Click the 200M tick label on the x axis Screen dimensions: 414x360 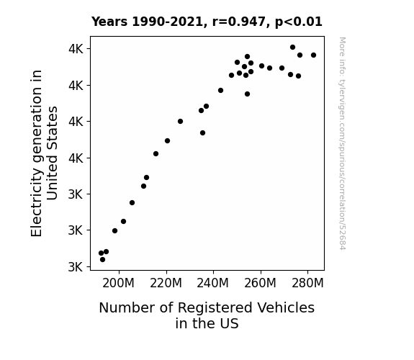pos(118,283)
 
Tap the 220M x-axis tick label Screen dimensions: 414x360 pos(166,283)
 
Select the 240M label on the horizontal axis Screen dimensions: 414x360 pos(213,283)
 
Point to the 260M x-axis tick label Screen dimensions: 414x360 pos(260,283)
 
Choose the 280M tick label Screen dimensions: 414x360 pos(307,283)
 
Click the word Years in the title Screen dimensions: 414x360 pos(109,22)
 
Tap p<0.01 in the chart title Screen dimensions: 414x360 pos(299,22)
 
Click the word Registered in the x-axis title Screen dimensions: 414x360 pos(215,308)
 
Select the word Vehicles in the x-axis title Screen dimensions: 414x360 pos(286,307)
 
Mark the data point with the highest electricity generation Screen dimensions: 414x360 pos(292,48)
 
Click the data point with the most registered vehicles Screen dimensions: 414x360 pos(313,55)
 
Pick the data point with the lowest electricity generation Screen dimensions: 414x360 pos(102,260)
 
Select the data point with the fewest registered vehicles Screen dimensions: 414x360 pos(101,253)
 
